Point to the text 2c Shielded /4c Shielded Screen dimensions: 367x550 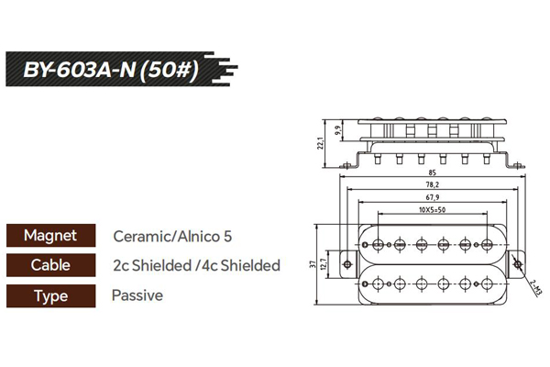tap(195, 265)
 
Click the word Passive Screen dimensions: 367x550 tap(137, 295)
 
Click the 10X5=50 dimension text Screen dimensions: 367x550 tap(429, 210)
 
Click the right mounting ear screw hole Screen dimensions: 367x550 tap(520, 264)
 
